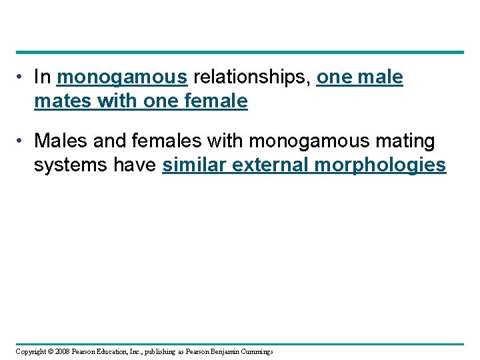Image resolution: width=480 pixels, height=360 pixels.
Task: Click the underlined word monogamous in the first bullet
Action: coord(121,78)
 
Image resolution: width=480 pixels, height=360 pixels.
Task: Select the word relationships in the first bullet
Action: coord(251,78)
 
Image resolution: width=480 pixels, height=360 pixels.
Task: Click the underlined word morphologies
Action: coord(380,165)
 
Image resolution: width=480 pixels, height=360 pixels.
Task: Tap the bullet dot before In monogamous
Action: coord(21,78)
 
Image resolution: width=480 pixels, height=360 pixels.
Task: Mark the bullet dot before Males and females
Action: coord(21,141)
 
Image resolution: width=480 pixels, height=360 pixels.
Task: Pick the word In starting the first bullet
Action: coord(42,78)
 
